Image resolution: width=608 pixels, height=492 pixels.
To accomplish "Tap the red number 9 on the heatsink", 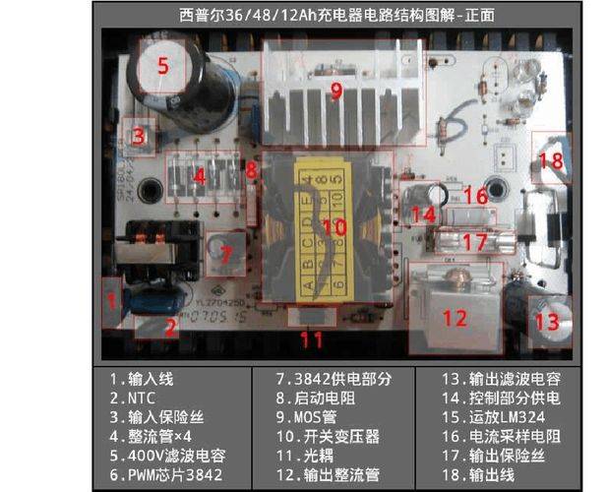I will pos(335,92).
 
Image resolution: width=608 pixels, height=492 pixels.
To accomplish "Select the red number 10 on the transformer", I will pos(334,226).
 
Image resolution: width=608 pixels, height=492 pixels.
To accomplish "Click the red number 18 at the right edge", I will pos(551,159).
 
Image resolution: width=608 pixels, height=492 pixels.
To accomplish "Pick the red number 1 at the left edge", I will pos(112,298).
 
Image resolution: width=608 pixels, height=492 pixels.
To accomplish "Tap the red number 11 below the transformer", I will pos(312,340).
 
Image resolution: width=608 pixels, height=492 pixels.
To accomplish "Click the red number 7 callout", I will pos(225,254).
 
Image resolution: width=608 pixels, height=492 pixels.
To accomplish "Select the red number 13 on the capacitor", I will pos(546,320).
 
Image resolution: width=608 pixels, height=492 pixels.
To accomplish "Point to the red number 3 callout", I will pos(140,136).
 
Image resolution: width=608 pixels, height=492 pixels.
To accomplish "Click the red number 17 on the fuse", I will pos(474,241).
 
